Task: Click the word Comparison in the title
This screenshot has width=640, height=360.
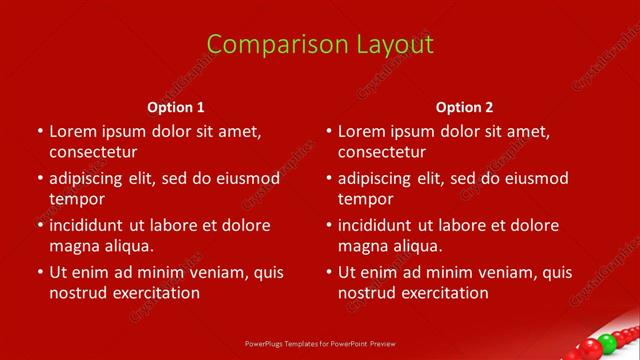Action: point(264,45)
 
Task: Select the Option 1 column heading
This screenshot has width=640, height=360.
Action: point(176,107)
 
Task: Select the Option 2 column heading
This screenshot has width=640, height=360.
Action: point(465,107)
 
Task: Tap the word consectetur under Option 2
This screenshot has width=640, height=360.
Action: point(381,152)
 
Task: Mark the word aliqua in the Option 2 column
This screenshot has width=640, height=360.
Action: point(415,245)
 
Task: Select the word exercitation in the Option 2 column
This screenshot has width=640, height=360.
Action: point(442,293)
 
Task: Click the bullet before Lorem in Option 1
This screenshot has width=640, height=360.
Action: point(40,132)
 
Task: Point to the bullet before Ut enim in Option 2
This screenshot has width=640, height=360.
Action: point(329,272)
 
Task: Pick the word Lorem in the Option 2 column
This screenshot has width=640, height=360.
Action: point(360,131)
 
